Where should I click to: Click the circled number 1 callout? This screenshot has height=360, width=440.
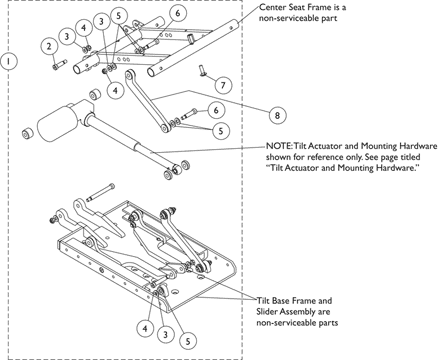coord(9,61)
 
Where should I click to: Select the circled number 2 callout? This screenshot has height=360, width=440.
coord(49,46)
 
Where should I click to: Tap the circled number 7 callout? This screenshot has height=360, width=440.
coord(223,85)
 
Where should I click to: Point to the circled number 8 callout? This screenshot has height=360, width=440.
coord(277,115)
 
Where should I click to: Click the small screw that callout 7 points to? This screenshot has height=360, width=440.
coord(202,70)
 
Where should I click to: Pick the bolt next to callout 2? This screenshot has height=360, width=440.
coord(60,64)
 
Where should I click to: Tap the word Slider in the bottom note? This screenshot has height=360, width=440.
coord(268,312)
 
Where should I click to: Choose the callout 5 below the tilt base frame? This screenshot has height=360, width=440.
coord(188,341)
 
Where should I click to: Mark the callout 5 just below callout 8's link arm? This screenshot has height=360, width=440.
coord(221,130)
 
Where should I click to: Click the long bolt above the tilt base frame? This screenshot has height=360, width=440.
coord(100,193)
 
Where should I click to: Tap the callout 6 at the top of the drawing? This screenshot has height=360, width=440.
coord(177,13)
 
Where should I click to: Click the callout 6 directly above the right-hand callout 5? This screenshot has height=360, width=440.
coord(216,110)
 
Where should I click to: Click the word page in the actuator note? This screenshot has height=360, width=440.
coord(388,158)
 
